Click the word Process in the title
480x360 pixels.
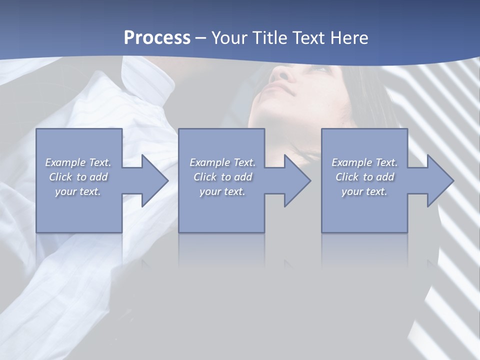(x=157, y=38)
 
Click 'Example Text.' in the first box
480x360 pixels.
(x=78, y=162)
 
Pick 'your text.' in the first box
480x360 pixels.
(x=78, y=191)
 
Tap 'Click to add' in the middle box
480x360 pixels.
(x=222, y=177)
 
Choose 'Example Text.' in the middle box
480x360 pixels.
(x=222, y=162)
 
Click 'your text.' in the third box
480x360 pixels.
(x=364, y=191)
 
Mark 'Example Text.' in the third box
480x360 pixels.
(x=364, y=162)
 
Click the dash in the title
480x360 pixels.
(x=200, y=38)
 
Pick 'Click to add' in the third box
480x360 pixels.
(x=364, y=177)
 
